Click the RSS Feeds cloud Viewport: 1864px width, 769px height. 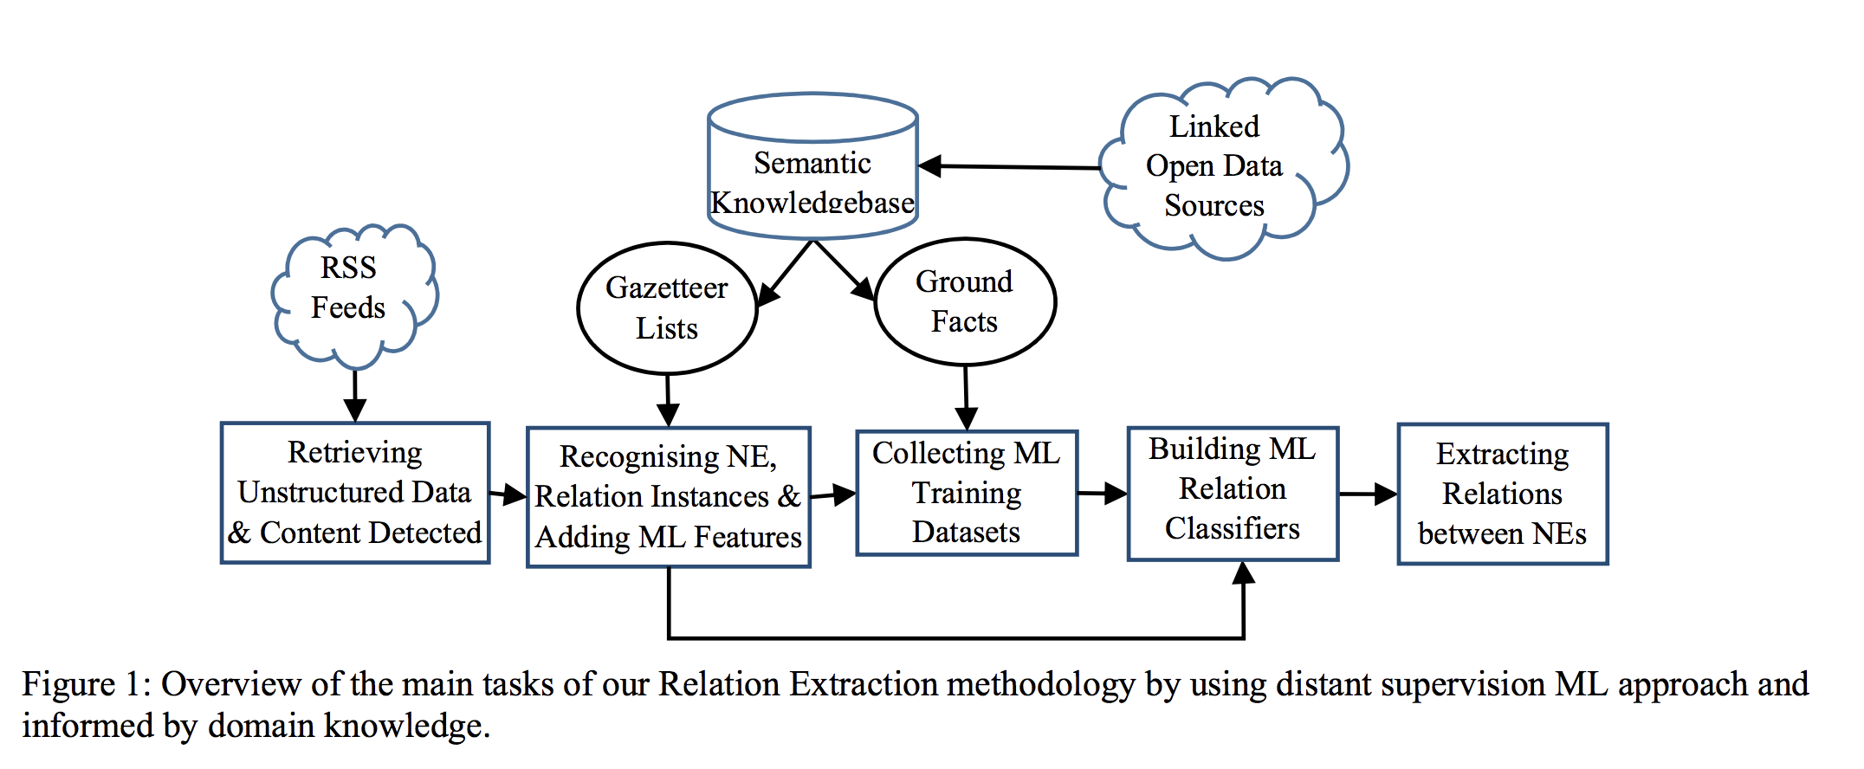351,290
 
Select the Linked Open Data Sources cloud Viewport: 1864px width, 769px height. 1217,166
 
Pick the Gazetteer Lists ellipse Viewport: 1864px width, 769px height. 667,308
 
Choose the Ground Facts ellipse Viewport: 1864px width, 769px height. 965,301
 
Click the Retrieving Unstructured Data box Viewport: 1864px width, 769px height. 355,492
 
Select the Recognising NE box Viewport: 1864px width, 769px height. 669,497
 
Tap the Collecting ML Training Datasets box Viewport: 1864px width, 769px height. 967,493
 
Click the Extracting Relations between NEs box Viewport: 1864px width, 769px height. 1503,494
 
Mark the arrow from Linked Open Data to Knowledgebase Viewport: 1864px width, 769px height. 1009,166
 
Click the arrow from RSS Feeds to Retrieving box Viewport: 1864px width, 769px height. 355,394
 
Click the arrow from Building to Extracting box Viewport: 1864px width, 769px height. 1367,494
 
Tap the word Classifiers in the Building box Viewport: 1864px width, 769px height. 1233,528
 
